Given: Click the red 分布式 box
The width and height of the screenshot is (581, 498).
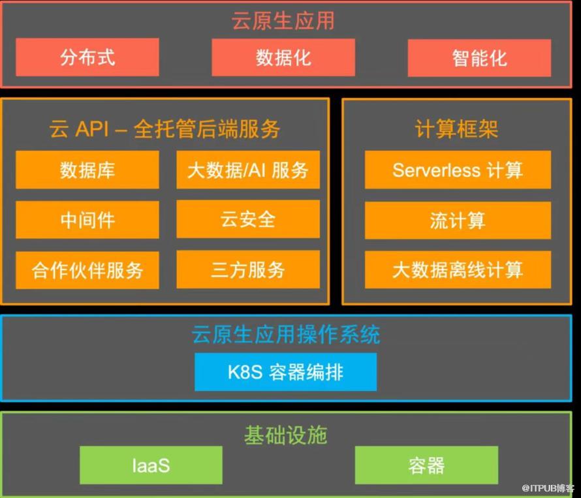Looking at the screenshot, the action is tap(87, 57).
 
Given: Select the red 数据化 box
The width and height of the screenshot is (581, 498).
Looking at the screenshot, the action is tap(283, 57).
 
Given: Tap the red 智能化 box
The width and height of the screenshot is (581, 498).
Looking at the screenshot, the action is tap(479, 58).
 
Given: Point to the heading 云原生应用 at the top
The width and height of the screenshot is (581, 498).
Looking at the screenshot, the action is tap(283, 20).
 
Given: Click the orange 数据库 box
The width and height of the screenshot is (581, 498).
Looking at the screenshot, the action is tap(87, 170).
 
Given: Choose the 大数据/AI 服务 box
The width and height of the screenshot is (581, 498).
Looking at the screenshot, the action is tap(248, 170).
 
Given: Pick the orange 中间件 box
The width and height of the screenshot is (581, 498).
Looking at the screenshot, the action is tap(87, 220).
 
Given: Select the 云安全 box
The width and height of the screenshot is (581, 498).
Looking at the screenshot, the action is tap(248, 219).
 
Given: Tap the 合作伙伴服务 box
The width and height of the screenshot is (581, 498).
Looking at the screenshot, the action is tap(87, 270).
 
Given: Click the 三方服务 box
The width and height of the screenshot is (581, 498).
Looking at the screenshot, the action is tap(248, 270).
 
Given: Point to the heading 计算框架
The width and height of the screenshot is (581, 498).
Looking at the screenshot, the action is tap(456, 129).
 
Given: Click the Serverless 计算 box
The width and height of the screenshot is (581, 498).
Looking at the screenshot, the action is tap(458, 170).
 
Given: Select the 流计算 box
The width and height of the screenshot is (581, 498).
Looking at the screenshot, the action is tap(458, 221).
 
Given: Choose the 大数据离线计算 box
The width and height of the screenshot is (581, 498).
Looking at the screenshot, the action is tap(458, 270).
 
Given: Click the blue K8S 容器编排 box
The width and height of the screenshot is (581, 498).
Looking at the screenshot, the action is tap(286, 372).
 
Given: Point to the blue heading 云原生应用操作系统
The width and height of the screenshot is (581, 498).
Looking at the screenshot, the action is tap(286, 334).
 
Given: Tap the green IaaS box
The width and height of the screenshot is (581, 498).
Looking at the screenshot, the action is tap(151, 465).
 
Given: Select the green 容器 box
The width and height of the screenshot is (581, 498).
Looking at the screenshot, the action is tap(426, 465).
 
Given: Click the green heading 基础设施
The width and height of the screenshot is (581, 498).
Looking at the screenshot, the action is tap(286, 435).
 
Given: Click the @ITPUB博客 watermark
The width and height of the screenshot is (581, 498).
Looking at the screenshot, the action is tap(548, 488).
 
